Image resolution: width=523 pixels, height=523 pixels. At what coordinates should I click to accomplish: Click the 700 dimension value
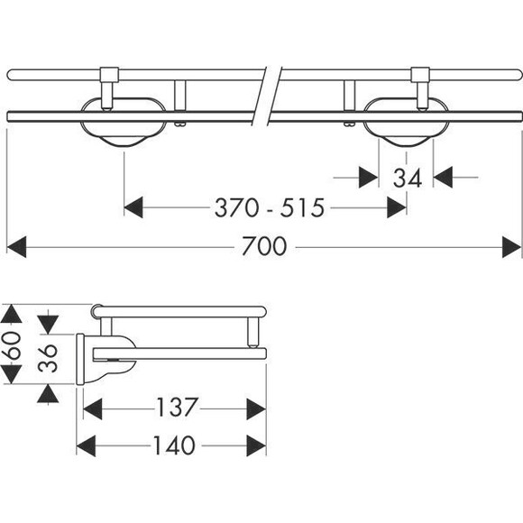[x=264, y=246]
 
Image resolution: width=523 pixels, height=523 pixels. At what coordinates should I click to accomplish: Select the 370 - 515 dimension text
[x=270, y=207]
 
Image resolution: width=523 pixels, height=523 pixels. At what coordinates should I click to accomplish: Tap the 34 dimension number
[x=408, y=179]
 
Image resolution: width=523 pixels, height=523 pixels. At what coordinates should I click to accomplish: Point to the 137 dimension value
[x=177, y=407]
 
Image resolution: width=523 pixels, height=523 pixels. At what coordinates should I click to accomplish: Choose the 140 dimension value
[x=174, y=445]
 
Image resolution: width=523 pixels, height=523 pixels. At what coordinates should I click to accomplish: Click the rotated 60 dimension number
[x=12, y=344]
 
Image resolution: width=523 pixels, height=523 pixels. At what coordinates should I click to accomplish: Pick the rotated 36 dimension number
[x=48, y=358]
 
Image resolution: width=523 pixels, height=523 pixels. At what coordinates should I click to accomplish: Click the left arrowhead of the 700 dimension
[x=16, y=247]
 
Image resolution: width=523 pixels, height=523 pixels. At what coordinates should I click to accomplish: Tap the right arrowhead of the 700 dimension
[x=511, y=247]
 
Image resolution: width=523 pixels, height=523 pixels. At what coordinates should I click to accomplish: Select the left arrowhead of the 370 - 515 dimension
[x=133, y=207]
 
